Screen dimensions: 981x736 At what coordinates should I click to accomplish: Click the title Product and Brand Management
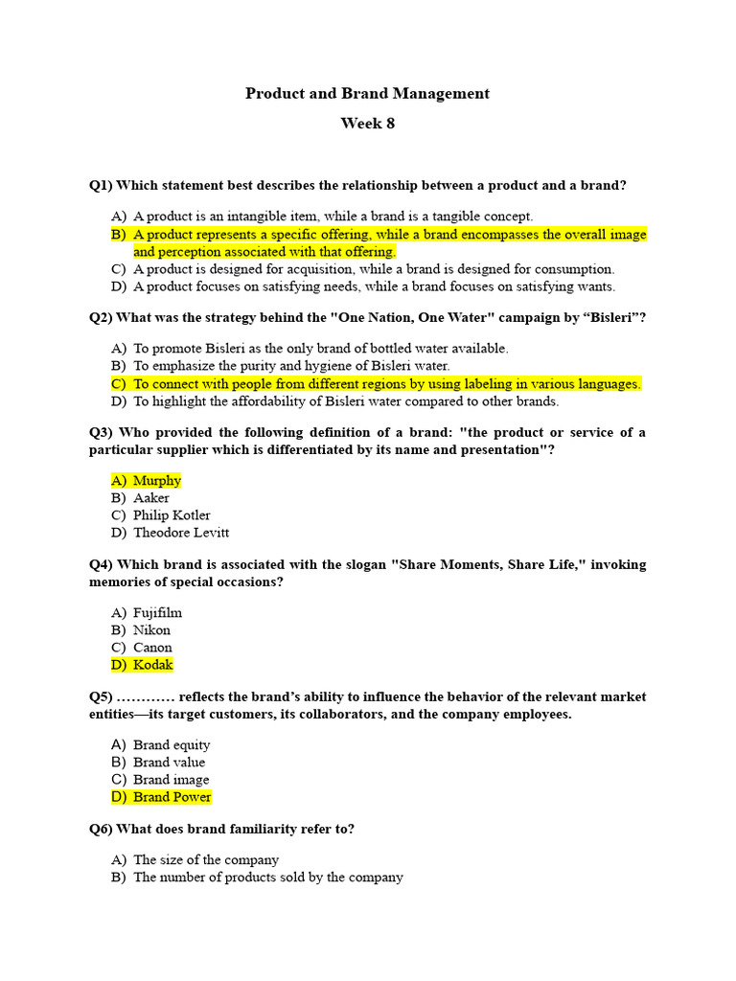[367, 94]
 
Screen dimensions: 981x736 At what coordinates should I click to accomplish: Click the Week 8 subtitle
[367, 124]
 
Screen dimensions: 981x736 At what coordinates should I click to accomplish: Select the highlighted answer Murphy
[157, 481]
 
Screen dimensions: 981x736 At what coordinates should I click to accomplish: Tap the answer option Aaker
[151, 498]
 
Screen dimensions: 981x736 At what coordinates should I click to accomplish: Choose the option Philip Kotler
[172, 515]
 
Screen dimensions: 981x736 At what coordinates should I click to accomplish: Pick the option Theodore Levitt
[181, 533]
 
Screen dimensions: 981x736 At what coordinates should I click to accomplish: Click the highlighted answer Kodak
[153, 665]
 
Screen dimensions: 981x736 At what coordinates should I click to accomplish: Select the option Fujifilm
[157, 613]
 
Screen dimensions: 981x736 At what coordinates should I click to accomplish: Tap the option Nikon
[151, 630]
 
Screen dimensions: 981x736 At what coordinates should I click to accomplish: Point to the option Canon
[152, 648]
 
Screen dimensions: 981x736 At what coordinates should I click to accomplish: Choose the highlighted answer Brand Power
[172, 797]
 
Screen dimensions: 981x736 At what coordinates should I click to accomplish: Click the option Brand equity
[172, 745]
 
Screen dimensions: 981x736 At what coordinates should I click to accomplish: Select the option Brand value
[169, 763]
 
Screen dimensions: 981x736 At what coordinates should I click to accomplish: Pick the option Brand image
[171, 780]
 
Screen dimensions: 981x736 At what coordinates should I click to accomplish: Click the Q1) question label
[102, 186]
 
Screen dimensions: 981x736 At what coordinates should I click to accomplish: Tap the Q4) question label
[102, 565]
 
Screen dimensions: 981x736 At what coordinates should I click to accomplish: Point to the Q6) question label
[102, 830]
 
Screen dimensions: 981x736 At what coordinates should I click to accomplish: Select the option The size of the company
[206, 860]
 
